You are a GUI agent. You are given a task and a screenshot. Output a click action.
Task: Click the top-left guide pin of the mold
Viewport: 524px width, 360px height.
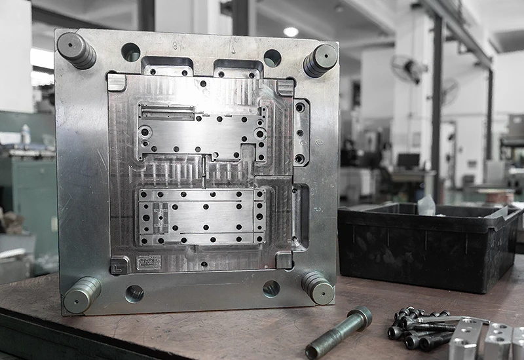(x=76, y=50)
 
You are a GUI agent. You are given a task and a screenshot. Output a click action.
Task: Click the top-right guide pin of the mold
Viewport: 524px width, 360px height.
(x=320, y=60)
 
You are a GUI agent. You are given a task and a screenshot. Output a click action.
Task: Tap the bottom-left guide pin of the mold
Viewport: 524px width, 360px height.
(x=83, y=295)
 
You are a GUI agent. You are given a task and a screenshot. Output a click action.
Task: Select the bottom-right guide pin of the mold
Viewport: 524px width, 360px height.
(x=318, y=288)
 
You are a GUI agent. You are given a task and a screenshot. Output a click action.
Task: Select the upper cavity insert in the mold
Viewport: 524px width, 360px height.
(x=201, y=130)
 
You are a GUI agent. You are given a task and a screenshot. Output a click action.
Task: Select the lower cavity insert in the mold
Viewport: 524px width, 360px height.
(x=201, y=217)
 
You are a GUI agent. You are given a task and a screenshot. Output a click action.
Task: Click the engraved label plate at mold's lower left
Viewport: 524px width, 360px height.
(x=149, y=263)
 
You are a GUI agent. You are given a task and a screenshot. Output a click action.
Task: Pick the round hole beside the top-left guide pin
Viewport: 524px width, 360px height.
(x=131, y=52)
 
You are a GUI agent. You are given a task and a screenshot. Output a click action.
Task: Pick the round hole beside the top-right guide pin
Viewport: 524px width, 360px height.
(x=272, y=58)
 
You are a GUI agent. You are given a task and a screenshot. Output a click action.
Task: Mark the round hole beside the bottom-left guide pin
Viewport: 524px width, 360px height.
(x=134, y=293)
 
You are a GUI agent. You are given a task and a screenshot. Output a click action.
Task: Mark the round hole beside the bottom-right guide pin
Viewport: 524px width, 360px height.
(x=271, y=288)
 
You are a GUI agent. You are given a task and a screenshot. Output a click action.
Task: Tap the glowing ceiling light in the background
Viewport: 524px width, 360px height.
(x=291, y=31)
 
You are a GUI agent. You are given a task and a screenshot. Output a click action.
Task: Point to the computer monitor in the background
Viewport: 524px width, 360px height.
(x=408, y=160)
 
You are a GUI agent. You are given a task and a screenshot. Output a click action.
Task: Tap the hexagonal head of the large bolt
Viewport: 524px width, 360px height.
(x=361, y=317)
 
